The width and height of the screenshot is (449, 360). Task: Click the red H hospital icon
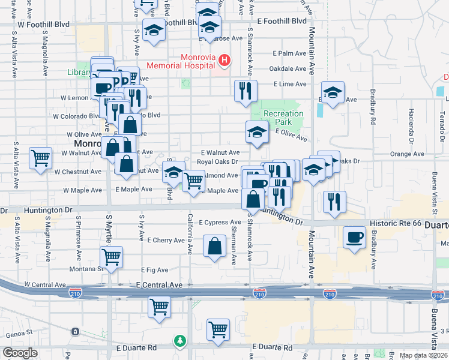pyautogui.click(x=224, y=60)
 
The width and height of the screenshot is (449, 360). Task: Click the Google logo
pyautogui.click(x=20, y=353)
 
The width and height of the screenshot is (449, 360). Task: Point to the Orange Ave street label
pyautogui.click(x=407, y=154)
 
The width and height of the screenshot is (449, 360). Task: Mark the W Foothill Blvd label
pyautogui.click(x=44, y=25)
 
